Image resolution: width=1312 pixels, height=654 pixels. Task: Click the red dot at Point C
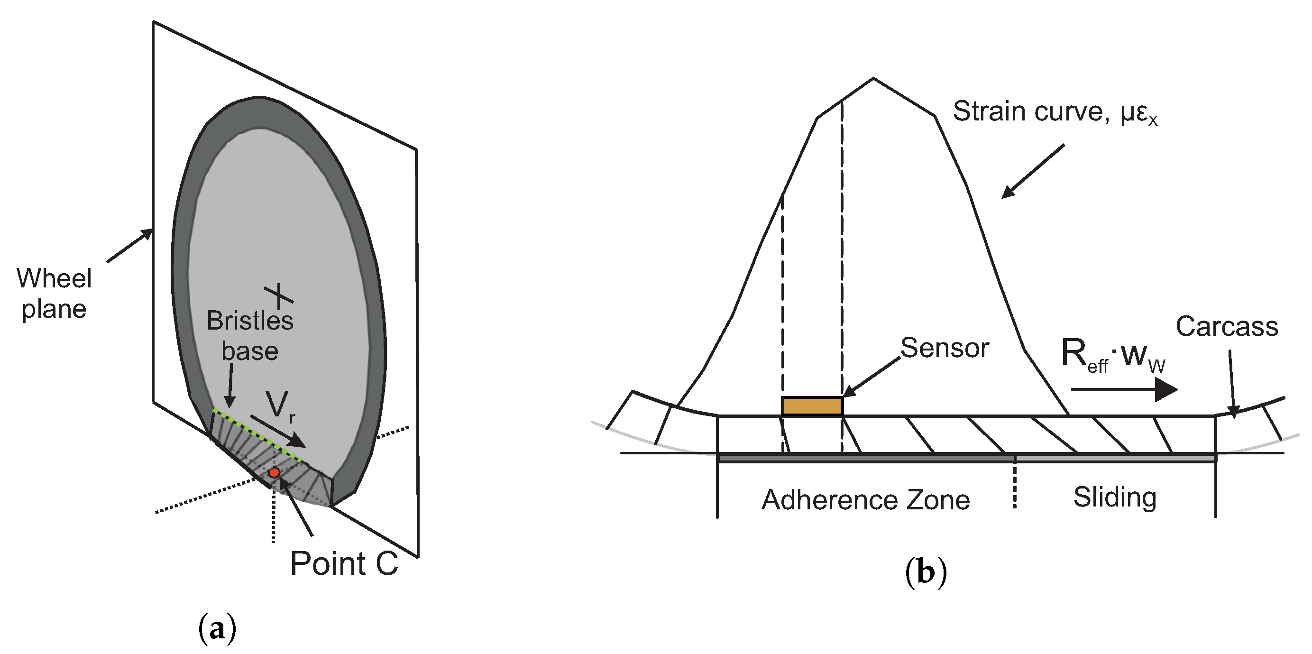[x=274, y=473]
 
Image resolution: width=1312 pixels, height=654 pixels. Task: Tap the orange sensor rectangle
[x=812, y=406]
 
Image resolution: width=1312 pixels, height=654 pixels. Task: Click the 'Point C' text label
[x=344, y=563]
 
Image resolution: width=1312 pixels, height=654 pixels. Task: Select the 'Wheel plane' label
[x=54, y=294]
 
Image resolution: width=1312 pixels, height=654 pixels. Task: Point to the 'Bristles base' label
[x=250, y=336]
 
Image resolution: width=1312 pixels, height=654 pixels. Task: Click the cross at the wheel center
[x=278, y=295]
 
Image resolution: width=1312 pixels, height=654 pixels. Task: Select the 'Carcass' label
[x=1227, y=326]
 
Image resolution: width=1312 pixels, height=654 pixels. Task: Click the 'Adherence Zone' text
[x=865, y=500]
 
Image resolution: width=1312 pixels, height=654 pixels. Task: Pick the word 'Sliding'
[x=1115, y=497]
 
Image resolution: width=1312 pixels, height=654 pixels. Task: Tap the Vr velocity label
[x=279, y=405]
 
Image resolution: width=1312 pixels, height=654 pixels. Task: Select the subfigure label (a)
[x=217, y=629]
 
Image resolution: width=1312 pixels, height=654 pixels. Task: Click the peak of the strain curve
[x=873, y=78]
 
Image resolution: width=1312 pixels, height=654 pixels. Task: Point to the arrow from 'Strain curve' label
[x=1033, y=171]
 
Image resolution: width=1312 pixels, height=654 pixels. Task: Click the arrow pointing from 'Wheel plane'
[x=129, y=246]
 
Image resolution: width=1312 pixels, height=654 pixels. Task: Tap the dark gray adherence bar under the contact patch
[x=866, y=459]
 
